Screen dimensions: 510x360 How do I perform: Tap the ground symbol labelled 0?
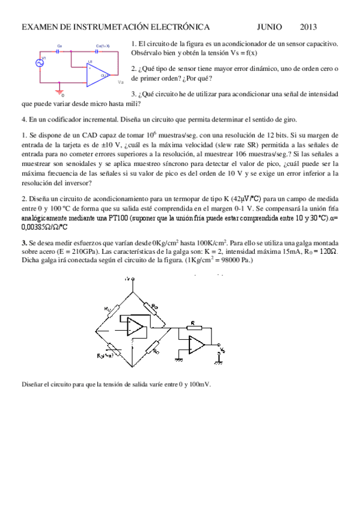[59, 91]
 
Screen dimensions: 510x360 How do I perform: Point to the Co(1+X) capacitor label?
[103, 46]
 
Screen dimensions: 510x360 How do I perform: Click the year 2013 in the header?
[309, 27]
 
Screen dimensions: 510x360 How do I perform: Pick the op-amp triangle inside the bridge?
[135, 327]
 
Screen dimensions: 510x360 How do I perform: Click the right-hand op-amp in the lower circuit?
[197, 345]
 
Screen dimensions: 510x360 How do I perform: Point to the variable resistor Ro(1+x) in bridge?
[109, 355]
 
